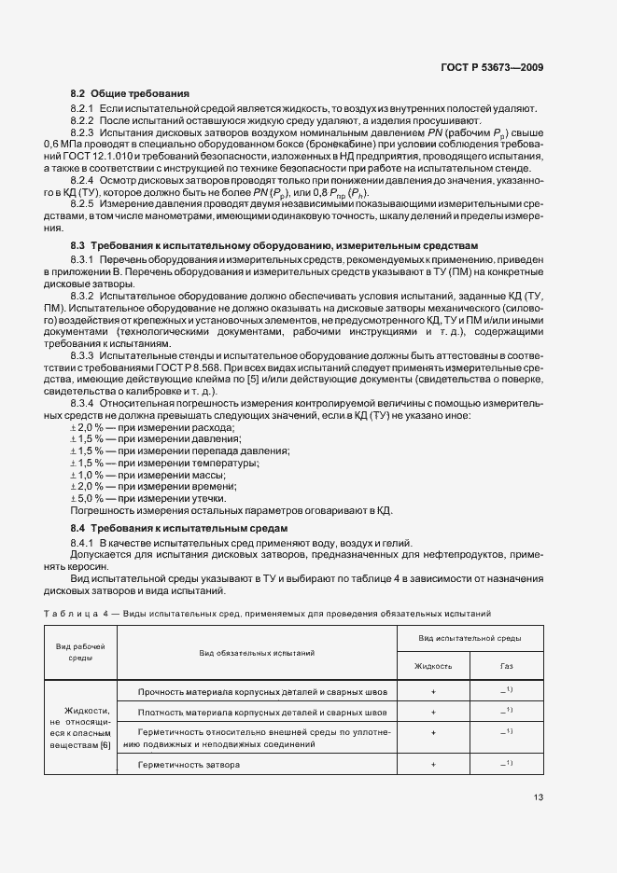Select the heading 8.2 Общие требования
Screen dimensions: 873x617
pos(130,94)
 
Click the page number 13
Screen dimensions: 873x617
pos(539,797)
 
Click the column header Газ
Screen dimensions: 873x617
pos(507,666)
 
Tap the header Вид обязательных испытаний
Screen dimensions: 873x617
pos(257,653)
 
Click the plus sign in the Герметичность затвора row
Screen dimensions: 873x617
pos(433,764)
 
